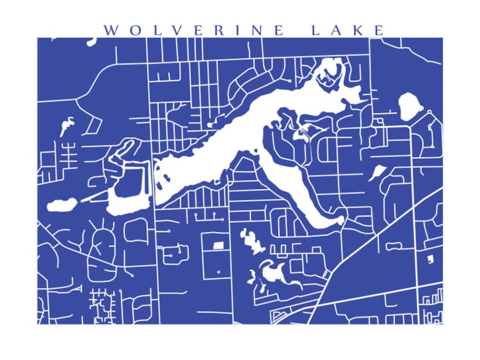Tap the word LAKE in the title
(348, 30)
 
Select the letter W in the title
(110, 30)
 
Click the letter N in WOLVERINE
(260, 30)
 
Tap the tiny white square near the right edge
(430, 259)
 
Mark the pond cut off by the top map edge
(92, 42)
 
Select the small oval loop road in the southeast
(394, 246)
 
